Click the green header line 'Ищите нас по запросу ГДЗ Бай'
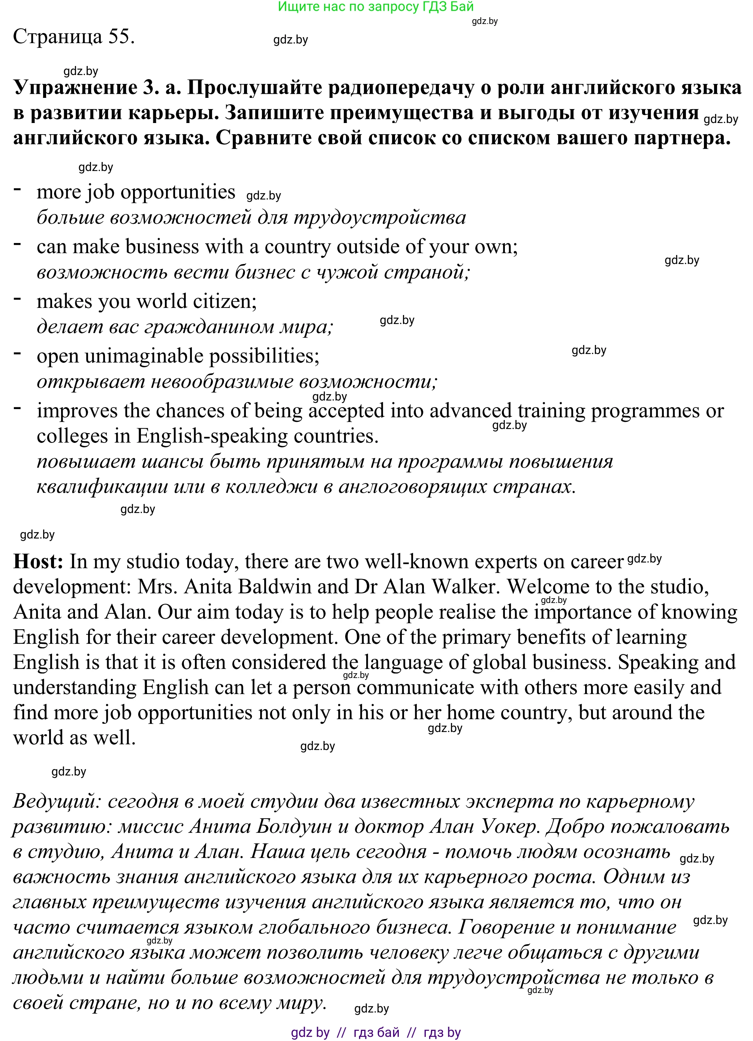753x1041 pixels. [x=376, y=7]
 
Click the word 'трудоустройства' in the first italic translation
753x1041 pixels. [x=379, y=217]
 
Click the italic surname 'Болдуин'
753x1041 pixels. [x=294, y=826]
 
